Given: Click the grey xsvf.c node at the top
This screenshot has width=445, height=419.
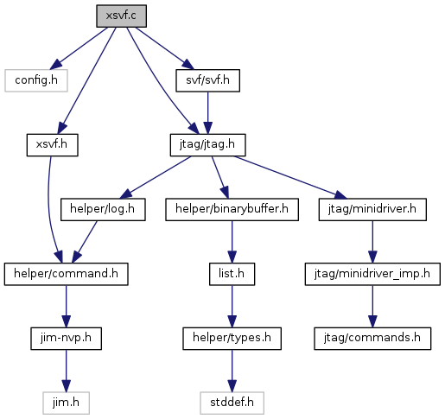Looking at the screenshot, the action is coord(121,16).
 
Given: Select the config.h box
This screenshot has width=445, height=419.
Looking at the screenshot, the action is coord(36,80).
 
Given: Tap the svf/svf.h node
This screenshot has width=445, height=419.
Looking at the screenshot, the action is coord(207,80).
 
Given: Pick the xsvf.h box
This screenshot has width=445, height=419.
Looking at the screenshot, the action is coord(52,145).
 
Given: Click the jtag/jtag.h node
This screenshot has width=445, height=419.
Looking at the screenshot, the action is coord(207,145).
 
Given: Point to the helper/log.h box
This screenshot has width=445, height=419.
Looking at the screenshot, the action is coord(103,209).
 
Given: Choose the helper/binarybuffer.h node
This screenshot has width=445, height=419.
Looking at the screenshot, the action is coord(232,209).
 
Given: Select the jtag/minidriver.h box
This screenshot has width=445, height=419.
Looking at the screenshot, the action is coord(372,209).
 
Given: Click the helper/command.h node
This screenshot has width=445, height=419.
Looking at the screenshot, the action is coord(66,274).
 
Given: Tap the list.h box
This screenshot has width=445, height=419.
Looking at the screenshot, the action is coord(232,274).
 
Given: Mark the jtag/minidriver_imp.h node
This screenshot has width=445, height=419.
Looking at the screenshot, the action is coord(372,274).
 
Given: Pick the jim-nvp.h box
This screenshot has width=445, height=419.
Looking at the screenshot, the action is coord(66,339).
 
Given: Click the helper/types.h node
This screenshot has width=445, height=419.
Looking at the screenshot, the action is coord(232,339).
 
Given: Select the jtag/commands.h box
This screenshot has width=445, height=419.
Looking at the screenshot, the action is coord(372,339).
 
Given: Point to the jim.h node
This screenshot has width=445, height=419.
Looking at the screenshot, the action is coord(66,403).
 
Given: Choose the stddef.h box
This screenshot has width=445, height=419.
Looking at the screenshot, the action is coord(232,403).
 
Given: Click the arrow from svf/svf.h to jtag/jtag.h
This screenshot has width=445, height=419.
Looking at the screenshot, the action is coord(207,112).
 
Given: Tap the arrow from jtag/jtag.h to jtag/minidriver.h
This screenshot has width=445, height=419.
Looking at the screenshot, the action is coord(291,178).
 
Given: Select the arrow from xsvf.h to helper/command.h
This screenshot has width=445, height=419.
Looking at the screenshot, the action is coord(49,210).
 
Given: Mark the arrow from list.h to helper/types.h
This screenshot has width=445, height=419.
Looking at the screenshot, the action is coord(232,307).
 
